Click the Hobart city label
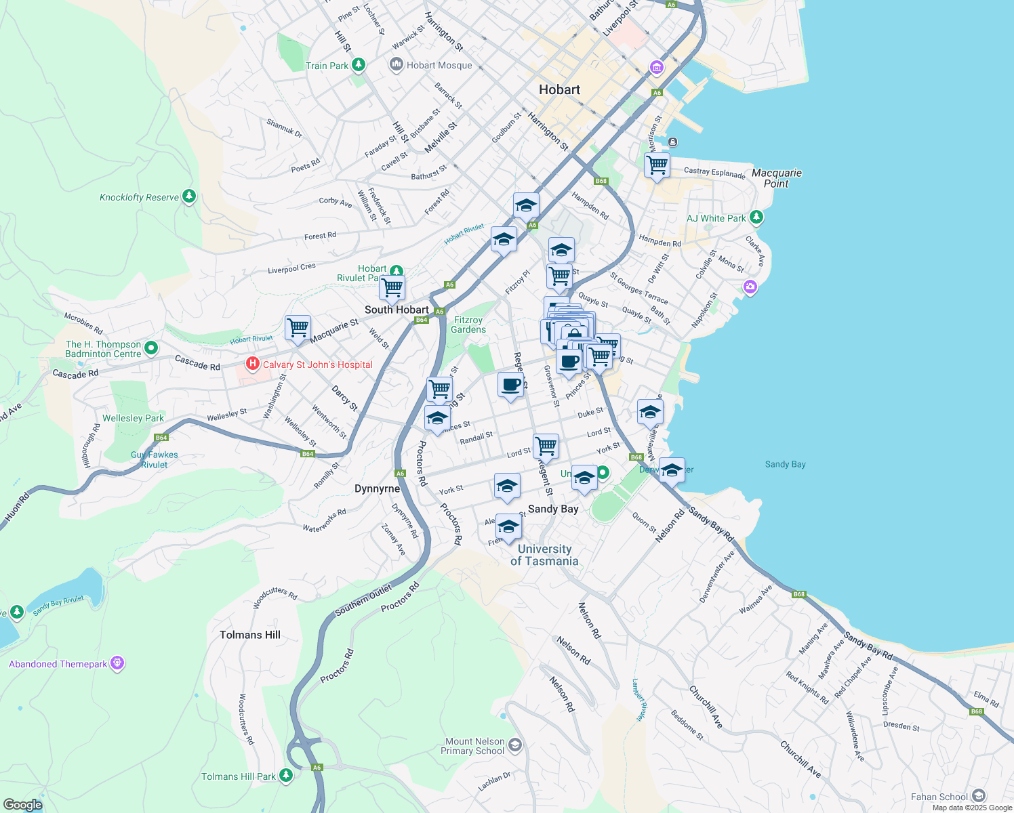point(559,89)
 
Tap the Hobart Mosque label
point(439,66)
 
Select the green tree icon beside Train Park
point(359,65)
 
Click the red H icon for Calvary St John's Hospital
point(252,364)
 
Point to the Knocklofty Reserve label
point(139,198)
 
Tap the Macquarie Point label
point(777,178)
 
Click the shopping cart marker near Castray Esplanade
point(657,165)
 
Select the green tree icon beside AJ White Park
point(756,217)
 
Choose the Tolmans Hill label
point(249,635)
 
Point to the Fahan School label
point(939,797)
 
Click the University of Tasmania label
point(544,555)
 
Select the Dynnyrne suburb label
point(378,488)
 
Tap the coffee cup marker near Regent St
point(511,384)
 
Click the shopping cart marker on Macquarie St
point(298,328)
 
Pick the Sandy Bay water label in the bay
point(785,464)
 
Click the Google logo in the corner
point(22,804)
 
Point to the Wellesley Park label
point(133,418)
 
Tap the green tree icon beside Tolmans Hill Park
point(286,775)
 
